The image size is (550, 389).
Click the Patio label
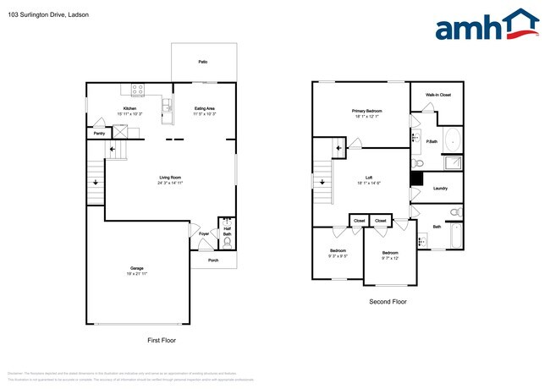tap(203, 63)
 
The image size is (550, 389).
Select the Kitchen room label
tap(129, 108)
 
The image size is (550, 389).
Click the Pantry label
tap(99, 133)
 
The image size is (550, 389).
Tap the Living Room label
tap(171, 178)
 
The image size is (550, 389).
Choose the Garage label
tap(136, 268)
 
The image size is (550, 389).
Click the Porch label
tap(214, 260)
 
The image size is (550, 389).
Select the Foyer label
tap(204, 233)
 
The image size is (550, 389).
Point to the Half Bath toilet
tap(226, 240)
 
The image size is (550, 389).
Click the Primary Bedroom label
tap(367, 111)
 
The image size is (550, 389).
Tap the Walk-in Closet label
tap(437, 95)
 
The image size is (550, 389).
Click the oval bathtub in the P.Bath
tap(453, 140)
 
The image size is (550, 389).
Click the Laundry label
tap(440, 188)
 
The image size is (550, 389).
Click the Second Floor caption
tap(388, 301)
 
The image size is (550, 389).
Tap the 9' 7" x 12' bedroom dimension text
tap(390, 259)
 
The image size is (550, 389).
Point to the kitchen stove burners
tap(138, 89)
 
